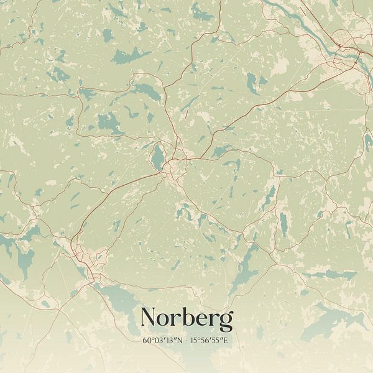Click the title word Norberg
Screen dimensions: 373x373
tap(186, 318)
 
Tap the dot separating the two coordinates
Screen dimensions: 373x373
tap(186, 341)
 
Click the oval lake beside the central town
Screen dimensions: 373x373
tap(158, 157)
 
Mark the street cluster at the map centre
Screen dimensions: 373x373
tap(175, 163)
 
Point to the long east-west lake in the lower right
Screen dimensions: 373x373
tap(329, 274)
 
